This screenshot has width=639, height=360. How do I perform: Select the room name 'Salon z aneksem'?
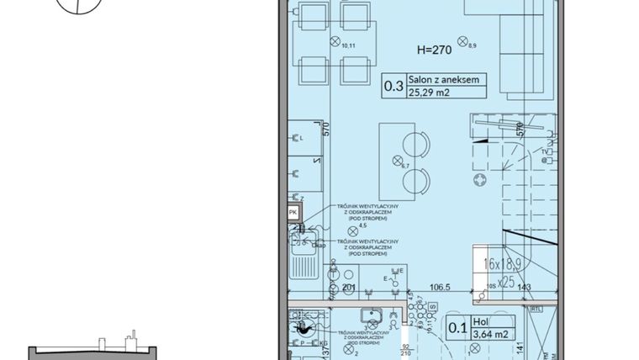point(445,80)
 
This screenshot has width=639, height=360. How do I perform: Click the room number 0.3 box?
point(393,86)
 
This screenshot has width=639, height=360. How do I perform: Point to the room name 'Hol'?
point(480,320)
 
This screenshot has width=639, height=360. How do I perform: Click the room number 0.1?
point(457,327)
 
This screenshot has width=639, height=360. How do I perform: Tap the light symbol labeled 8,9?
point(462,40)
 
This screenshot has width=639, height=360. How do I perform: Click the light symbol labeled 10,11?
point(335,41)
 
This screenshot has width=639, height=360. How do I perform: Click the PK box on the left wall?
point(293,214)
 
